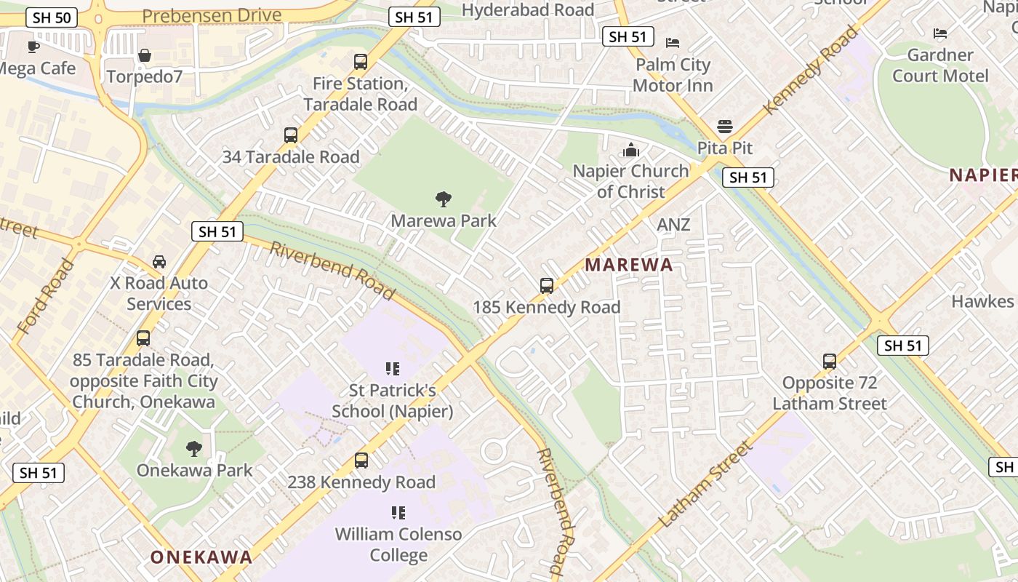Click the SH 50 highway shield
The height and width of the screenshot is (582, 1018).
[x=52, y=17]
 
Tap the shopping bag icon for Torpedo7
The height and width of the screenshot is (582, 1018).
[x=145, y=55]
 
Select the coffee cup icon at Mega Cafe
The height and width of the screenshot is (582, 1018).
[x=33, y=47]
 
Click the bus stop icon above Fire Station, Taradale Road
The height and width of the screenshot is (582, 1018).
[x=361, y=62]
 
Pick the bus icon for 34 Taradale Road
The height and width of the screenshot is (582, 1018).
[x=291, y=135]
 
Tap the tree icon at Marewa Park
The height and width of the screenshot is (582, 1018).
[x=443, y=199]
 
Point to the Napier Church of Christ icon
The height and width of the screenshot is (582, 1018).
[x=630, y=150]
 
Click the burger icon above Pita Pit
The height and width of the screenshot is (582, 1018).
[x=724, y=127]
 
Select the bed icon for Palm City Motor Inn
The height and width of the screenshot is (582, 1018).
[x=673, y=43]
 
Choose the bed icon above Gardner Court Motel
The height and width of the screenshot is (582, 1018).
[x=940, y=33]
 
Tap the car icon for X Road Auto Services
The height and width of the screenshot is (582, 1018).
[x=159, y=261]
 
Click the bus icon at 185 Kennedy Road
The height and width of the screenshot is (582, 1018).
[x=547, y=286]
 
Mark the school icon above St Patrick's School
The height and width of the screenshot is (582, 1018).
[x=393, y=369]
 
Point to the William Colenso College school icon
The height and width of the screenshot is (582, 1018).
[x=398, y=513]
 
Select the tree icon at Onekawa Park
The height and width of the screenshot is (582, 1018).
[x=193, y=448]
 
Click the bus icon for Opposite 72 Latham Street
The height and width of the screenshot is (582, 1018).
[x=829, y=361]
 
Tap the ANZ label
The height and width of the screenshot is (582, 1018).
[x=673, y=226]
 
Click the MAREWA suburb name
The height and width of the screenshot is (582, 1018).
[x=629, y=265]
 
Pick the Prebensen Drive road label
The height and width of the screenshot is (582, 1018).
[x=212, y=15]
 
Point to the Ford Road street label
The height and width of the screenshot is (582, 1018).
[x=44, y=296]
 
